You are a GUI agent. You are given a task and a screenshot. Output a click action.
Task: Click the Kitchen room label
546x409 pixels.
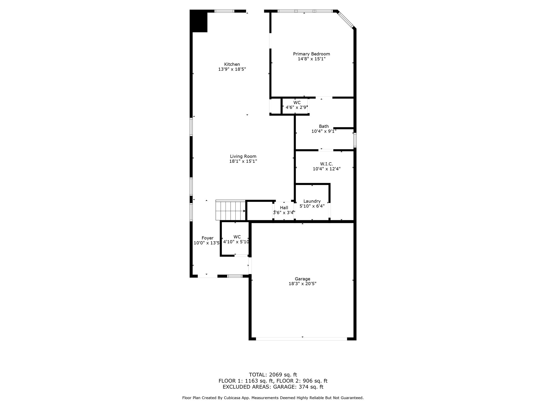point(232,64)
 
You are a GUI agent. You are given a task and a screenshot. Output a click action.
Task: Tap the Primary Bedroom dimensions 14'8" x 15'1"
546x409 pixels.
point(311,59)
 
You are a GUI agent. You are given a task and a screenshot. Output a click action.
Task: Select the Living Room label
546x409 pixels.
point(243,156)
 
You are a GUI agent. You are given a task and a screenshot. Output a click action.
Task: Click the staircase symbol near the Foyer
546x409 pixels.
point(230,210)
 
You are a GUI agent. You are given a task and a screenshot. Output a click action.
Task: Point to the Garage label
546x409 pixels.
point(302,279)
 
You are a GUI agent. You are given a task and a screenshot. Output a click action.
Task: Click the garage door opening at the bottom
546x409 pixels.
point(301,339)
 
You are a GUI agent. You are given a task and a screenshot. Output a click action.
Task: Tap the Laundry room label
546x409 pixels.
point(312,201)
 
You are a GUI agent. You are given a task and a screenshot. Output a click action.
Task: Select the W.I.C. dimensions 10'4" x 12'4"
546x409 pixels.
point(326,169)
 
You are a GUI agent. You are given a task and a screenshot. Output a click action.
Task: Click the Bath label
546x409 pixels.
point(324,126)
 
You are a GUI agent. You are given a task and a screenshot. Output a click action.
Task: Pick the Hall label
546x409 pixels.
point(284,208)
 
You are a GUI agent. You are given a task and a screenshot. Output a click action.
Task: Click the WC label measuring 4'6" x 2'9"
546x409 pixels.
point(297,103)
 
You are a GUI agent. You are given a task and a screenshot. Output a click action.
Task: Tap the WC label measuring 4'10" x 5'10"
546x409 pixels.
point(237,237)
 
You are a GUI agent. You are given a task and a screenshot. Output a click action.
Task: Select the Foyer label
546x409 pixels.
point(207,238)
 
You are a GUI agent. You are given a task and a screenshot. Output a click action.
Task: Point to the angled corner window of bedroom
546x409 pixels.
point(346,19)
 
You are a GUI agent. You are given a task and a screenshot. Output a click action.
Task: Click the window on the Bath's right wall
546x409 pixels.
point(355,140)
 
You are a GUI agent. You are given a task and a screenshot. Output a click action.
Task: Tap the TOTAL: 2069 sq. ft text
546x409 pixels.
point(273,375)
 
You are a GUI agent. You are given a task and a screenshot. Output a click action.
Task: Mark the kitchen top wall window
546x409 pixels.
point(224,11)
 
